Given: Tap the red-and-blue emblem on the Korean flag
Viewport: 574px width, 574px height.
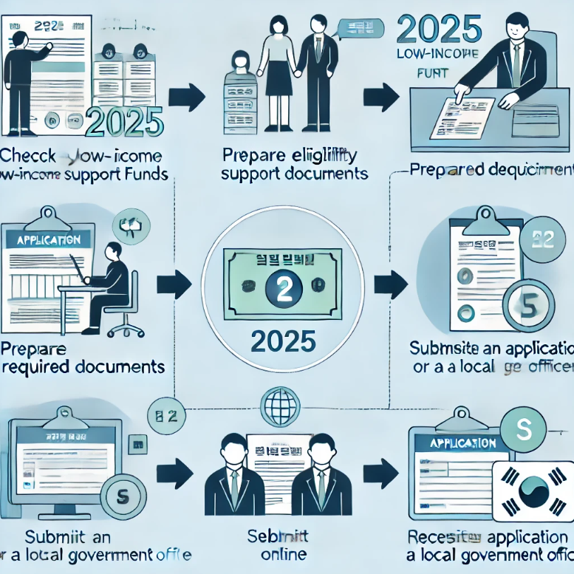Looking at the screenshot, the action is [x=534, y=491].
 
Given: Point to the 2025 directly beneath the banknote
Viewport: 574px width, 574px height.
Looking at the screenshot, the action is [x=284, y=341].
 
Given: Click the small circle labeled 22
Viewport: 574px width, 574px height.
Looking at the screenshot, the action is [x=543, y=239].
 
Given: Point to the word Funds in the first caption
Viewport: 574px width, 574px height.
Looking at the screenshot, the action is [x=145, y=175].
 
